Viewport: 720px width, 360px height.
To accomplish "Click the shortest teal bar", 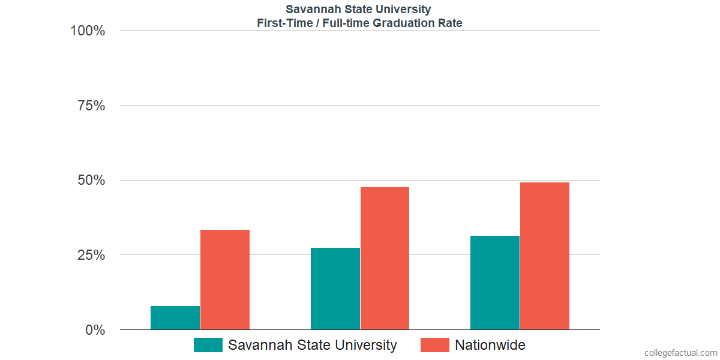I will (175, 318).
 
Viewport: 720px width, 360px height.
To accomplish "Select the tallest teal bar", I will (495, 283).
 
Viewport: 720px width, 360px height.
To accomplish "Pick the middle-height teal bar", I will (335, 289).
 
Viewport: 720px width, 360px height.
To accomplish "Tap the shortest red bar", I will (225, 280).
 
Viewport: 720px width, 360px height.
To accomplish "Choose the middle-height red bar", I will (385, 259).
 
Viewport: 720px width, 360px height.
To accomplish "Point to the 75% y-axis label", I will (91, 106).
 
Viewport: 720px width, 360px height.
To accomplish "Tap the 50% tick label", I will (91, 181).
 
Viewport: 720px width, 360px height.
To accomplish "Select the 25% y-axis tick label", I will (91, 255).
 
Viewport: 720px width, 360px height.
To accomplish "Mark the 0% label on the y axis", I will (95, 330).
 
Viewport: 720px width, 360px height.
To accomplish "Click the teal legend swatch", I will (208, 345).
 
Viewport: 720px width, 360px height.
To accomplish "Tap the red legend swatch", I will (434, 345).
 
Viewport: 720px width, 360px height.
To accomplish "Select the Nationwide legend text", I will (490, 345).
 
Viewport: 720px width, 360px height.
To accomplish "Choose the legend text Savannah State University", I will (312, 345).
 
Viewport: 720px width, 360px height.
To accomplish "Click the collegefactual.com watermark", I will (680, 353).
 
